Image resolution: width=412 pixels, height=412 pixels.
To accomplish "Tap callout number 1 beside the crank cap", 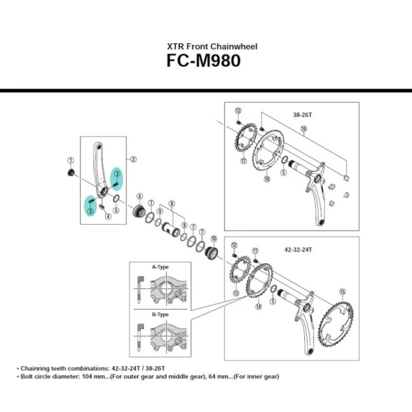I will (70, 160).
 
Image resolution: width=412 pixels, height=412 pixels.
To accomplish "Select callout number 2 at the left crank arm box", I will (133, 159).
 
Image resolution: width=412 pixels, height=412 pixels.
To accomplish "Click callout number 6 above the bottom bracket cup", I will (140, 196).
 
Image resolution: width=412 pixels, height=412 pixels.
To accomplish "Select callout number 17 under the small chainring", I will (244, 161).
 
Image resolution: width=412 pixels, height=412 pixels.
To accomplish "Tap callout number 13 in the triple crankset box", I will (235, 292).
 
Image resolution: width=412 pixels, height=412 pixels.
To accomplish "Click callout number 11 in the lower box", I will (255, 249).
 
